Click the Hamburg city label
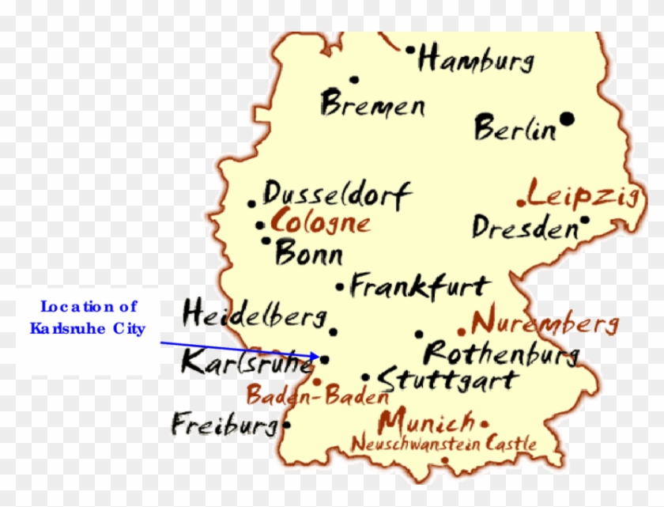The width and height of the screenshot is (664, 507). [x=476, y=59]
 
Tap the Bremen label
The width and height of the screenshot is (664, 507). [x=372, y=104]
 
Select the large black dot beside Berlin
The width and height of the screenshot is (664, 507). [x=567, y=119]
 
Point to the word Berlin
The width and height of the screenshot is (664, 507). [x=515, y=129]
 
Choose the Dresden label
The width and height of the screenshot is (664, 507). [x=525, y=228]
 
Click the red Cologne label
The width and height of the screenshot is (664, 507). [x=319, y=221]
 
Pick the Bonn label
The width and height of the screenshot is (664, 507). [x=308, y=254]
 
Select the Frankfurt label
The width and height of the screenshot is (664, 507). [x=420, y=286]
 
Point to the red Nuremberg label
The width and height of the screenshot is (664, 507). [x=544, y=323]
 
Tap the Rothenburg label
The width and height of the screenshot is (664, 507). [x=501, y=353]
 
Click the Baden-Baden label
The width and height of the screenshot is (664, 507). [x=316, y=395]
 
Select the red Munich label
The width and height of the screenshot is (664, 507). [x=427, y=421]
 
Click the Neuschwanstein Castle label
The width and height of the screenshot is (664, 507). [x=443, y=444]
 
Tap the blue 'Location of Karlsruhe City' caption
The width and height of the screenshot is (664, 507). [x=88, y=317]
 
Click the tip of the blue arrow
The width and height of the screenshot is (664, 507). [x=319, y=358]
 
